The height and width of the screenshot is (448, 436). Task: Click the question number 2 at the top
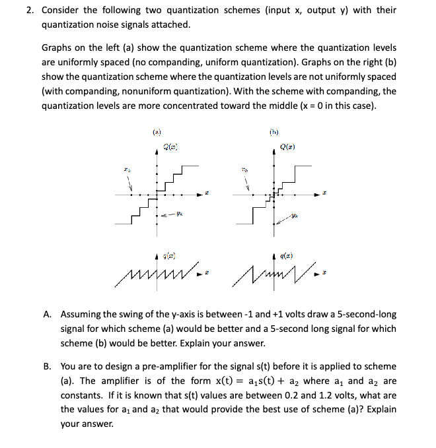pyautogui.click(x=30, y=10)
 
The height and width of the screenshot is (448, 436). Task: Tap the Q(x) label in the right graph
pyautogui.click(x=287, y=146)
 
